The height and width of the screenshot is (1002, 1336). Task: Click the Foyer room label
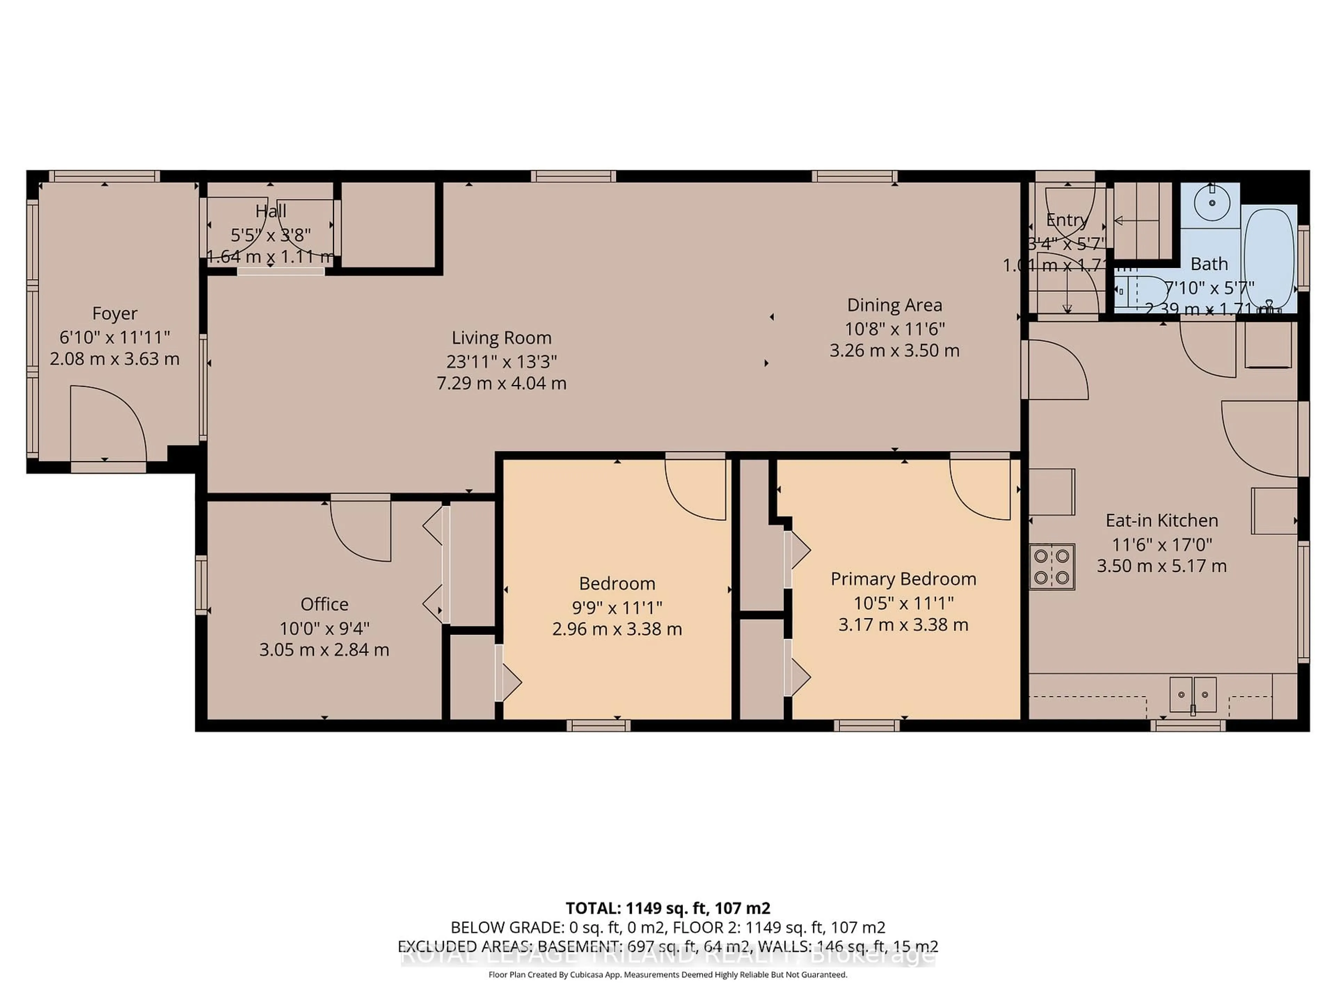click(115, 313)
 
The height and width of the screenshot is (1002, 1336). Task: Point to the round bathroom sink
click(1212, 202)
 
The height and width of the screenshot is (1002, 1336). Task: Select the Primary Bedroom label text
click(903, 579)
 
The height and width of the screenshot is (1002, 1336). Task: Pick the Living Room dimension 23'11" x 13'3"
click(501, 361)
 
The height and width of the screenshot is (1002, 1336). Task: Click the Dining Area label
click(894, 305)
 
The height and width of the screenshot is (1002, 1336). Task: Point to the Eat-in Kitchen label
click(1161, 520)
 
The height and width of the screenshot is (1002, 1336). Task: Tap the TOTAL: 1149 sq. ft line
click(667, 908)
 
